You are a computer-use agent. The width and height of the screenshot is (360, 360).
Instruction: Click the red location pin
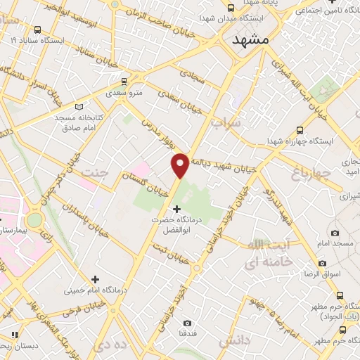click(x=180, y=165)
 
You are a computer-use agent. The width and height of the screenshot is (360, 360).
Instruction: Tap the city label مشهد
click(x=250, y=40)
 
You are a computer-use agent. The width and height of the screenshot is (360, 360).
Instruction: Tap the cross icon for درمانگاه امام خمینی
click(x=95, y=279)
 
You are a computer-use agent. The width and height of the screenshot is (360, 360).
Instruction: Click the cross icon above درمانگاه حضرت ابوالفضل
click(x=176, y=209)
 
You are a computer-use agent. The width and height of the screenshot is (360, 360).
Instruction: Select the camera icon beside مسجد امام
click(x=334, y=233)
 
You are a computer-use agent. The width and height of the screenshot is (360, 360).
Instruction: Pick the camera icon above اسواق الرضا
click(x=322, y=263)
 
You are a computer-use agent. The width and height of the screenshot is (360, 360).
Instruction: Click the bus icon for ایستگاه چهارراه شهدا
click(x=300, y=130)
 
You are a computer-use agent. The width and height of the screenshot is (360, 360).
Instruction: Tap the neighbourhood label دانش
click(x=234, y=341)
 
